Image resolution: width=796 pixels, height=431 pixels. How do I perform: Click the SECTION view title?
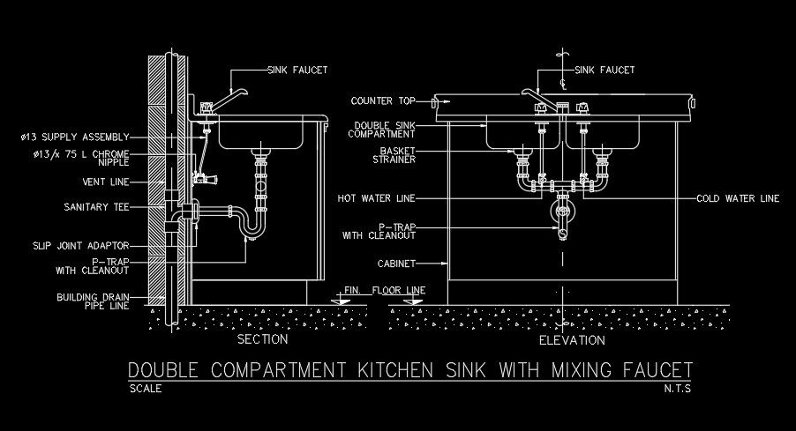pos(263,339)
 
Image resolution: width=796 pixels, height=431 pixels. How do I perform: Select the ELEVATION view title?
pos(572,340)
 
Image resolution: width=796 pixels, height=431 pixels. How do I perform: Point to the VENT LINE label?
pos(105,182)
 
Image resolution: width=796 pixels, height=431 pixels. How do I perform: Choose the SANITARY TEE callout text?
pos(97,207)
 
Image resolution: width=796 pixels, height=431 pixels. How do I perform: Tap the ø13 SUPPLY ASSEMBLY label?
pos(74,137)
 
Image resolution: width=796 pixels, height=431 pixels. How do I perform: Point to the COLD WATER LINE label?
pos(738,198)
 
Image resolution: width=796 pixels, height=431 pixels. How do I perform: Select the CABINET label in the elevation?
pos(395,263)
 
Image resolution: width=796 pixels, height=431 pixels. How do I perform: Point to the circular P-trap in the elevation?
pos(561,212)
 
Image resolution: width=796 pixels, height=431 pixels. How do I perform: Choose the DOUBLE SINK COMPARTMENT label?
pos(385,130)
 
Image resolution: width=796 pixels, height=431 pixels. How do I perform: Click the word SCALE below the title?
pos(146,389)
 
